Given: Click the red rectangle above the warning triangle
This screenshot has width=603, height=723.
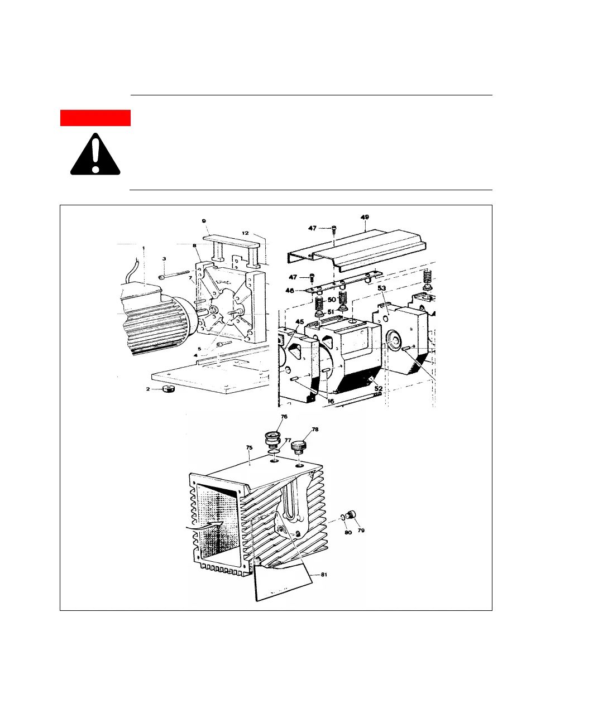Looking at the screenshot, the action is [x=95, y=118].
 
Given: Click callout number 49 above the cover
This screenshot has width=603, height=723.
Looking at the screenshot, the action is [x=365, y=217].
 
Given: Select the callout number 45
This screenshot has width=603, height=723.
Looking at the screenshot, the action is [x=299, y=322].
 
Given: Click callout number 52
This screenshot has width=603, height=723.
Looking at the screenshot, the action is [x=379, y=388].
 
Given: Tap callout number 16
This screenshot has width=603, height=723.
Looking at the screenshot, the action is [x=331, y=401].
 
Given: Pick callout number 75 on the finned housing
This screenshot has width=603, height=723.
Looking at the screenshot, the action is [x=249, y=447].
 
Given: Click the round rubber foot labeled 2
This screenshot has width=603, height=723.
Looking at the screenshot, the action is [x=168, y=389].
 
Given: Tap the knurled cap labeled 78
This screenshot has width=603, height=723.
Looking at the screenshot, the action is [x=300, y=447].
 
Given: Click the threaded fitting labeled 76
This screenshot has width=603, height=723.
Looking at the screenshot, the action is [x=273, y=438].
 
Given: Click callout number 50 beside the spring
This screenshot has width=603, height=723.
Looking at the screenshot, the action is [x=332, y=300].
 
